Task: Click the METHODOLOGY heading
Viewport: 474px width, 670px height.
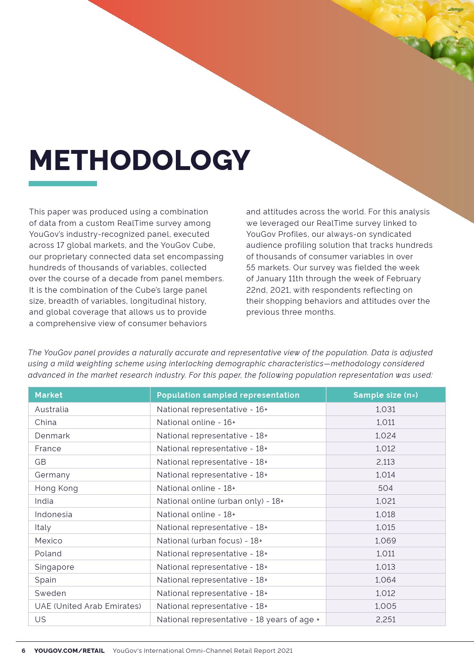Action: (140, 160)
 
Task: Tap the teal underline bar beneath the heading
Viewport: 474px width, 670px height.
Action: (63, 183)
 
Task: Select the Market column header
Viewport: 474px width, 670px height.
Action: (49, 395)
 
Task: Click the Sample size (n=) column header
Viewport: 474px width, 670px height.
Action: (385, 395)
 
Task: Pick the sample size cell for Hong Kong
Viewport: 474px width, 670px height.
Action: (385, 488)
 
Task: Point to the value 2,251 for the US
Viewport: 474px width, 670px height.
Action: (385, 619)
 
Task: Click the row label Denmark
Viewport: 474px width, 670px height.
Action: (52, 436)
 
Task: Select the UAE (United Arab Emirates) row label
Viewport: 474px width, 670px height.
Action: (88, 606)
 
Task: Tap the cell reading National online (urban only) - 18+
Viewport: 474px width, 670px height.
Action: (220, 501)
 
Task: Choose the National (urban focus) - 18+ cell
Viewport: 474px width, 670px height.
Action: (209, 541)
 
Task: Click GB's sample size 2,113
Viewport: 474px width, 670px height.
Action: (385, 462)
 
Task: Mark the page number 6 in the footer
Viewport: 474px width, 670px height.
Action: (23, 650)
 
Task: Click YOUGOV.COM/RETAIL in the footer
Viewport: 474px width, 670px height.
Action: (69, 650)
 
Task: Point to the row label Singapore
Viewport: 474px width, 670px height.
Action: (54, 567)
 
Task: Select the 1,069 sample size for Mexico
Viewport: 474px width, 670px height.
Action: (385, 541)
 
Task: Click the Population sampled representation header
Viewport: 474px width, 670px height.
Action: (228, 395)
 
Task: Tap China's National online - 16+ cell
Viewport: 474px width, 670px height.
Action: (196, 422)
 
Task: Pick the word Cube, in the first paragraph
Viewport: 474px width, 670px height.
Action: (204, 245)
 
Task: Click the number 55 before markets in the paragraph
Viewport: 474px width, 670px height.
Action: (251, 268)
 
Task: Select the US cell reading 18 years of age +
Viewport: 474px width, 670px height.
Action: (238, 619)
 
